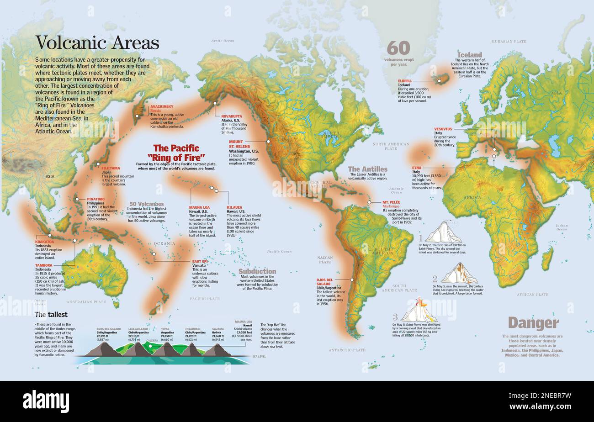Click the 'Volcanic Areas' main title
coord(97,43)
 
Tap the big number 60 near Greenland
coord(398,48)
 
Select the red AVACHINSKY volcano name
coord(162,106)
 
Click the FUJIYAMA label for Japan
coord(111,168)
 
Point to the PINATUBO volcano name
coord(96,199)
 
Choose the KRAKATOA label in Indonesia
coord(44,242)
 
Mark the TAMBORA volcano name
coord(43,265)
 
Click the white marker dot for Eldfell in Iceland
coord(439,81)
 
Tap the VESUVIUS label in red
coord(443,129)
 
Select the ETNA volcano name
coord(416,168)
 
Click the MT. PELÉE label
coord(392,202)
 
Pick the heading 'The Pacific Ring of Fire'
coord(176,153)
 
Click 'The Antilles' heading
coord(367,169)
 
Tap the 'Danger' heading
coord(533,323)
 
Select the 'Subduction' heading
coord(257,271)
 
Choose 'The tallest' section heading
coord(51,314)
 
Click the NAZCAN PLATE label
coord(325,259)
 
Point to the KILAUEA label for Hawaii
coord(234,207)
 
